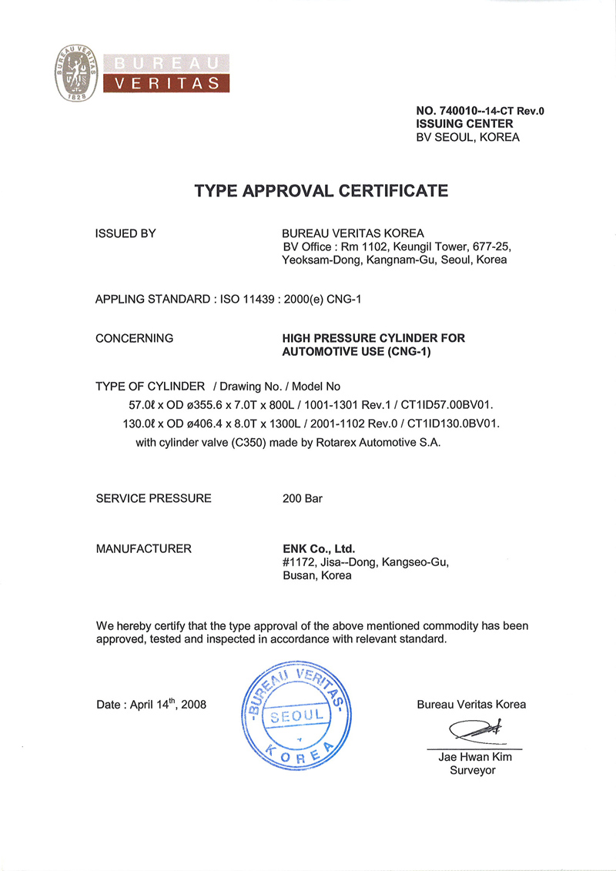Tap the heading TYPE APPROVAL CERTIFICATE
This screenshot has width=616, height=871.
tap(321, 190)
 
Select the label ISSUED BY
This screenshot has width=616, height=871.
tap(126, 233)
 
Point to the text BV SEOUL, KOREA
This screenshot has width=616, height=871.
tap(467, 137)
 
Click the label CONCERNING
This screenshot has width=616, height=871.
tap(134, 338)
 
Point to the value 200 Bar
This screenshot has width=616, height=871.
tap(303, 498)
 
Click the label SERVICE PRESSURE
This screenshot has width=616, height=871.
tap(153, 498)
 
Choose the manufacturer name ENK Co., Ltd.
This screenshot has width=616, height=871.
tap(319, 549)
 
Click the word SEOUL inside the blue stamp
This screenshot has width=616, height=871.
tap(297, 716)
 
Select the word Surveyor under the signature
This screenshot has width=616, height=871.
tap(473, 770)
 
